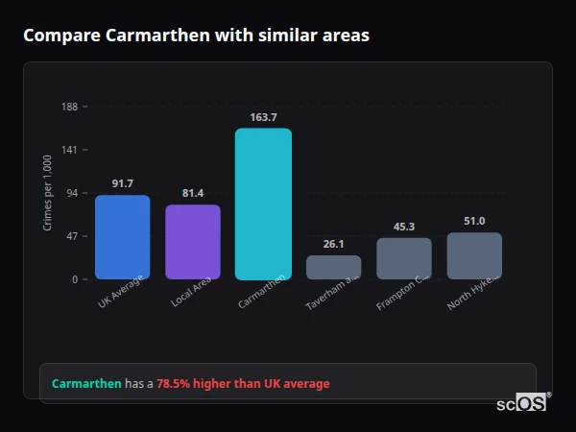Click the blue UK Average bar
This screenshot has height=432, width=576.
122,237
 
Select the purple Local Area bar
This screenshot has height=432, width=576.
193,242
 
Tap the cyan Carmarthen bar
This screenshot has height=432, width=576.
263,204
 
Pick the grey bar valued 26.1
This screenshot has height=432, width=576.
333,267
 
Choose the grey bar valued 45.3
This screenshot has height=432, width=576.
404,258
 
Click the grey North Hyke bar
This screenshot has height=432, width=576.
474,255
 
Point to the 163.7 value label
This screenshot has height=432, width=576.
263,117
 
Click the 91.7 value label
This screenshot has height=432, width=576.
122,183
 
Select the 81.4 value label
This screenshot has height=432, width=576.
193,193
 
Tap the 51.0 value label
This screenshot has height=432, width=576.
474,221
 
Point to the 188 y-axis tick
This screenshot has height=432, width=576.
70,107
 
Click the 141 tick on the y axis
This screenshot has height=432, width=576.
70,150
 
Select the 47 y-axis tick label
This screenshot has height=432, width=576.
72,236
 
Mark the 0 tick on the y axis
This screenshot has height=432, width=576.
75,279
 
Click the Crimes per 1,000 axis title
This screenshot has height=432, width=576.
48,193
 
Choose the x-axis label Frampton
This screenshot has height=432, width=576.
402,290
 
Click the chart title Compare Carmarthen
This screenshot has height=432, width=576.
196,35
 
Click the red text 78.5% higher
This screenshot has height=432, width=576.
243,383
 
